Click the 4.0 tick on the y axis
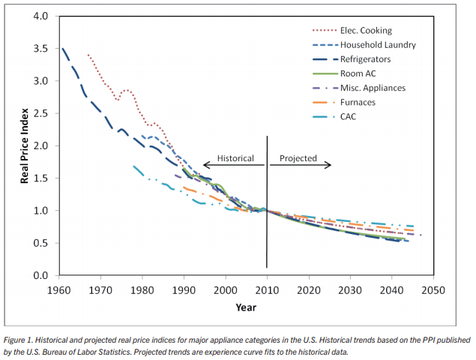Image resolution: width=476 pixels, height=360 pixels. (42, 16)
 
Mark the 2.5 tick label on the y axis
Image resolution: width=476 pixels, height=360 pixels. (42, 114)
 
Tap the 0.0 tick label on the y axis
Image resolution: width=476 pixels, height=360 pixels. (42, 276)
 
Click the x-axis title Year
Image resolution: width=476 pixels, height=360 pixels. (246, 307)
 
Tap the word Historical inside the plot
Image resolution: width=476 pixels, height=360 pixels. (235, 159)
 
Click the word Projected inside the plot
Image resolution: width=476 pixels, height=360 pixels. (298, 159)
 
